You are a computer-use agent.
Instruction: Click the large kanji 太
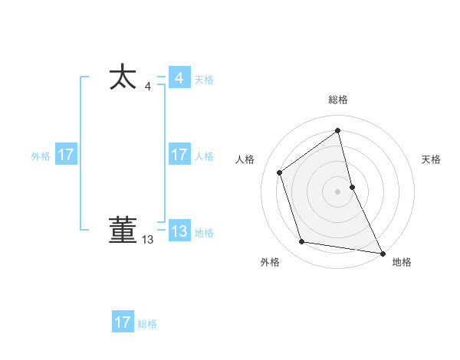tap(123, 78)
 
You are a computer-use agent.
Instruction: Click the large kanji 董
tap(123, 231)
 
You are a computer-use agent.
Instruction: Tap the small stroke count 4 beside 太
tap(147, 87)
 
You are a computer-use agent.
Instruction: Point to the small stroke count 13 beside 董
tap(147, 240)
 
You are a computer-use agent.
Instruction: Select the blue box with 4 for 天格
tap(179, 78)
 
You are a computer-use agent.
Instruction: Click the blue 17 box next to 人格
tap(179, 155)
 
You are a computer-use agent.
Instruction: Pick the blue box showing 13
tap(179, 231)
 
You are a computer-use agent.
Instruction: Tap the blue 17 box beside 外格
tap(66, 155)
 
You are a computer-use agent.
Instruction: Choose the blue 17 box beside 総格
tap(123, 322)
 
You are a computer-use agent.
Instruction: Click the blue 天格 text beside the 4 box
tap(204, 80)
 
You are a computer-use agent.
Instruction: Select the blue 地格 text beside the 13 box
tap(204, 233)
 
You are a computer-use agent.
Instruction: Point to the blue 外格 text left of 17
tap(41, 156)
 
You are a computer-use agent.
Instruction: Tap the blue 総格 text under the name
tap(147, 324)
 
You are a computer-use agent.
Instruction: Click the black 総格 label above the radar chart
tap(338, 100)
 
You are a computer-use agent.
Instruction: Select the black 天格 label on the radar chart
tap(432, 159)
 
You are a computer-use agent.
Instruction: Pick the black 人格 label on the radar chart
tap(245, 159)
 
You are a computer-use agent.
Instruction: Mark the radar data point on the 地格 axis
tap(383, 252)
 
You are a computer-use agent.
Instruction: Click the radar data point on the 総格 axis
tap(338, 130)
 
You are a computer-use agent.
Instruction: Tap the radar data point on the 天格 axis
tap(352, 186)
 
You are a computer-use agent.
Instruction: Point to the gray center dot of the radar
tap(338, 191)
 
